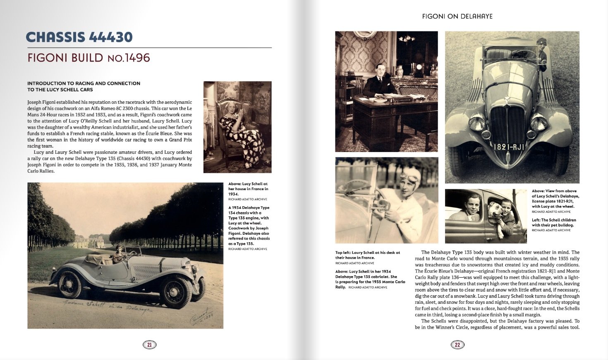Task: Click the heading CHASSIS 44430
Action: coord(79,37)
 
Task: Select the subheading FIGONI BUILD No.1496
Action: coord(89,57)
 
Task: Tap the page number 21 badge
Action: coord(149,344)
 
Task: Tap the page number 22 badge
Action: coord(457,344)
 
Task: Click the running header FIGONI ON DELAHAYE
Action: coord(457,17)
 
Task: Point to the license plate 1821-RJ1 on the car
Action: coord(508,147)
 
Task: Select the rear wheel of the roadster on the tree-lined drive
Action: coord(70,285)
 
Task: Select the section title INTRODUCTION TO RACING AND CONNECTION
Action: coord(84,83)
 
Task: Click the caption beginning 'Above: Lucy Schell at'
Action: coord(248,189)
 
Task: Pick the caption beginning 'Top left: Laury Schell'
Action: coord(367,255)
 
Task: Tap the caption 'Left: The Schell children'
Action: coord(553,222)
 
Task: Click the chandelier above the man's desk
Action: coord(407,39)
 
